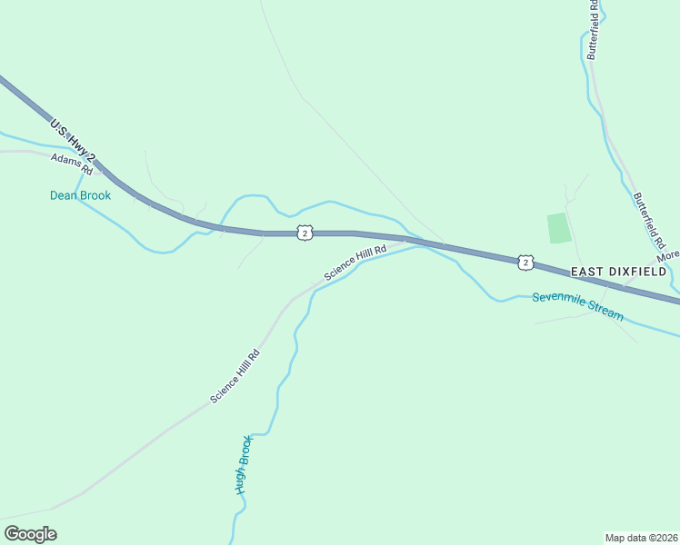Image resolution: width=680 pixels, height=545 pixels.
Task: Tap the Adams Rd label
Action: (x=72, y=163)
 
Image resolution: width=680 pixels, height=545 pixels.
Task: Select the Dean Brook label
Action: (x=80, y=195)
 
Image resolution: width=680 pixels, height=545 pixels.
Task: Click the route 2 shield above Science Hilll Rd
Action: (x=305, y=233)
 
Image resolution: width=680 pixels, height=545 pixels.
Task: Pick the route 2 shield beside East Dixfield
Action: (x=525, y=262)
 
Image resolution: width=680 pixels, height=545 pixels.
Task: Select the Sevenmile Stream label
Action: (x=578, y=305)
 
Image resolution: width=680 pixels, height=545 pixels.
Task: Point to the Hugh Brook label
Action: (x=243, y=464)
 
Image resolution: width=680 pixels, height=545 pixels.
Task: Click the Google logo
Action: (x=30, y=534)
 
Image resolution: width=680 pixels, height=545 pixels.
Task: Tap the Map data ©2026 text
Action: (x=641, y=538)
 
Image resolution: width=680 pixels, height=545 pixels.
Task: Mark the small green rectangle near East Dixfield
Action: (x=559, y=228)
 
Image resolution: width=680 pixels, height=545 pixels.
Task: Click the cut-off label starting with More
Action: (x=668, y=257)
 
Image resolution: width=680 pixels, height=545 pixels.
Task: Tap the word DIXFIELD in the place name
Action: (x=642, y=272)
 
